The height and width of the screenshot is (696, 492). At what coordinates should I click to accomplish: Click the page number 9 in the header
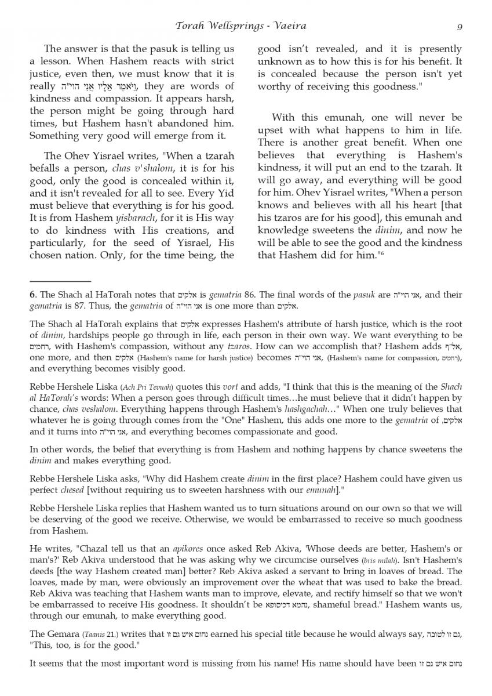(x=459, y=26)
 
